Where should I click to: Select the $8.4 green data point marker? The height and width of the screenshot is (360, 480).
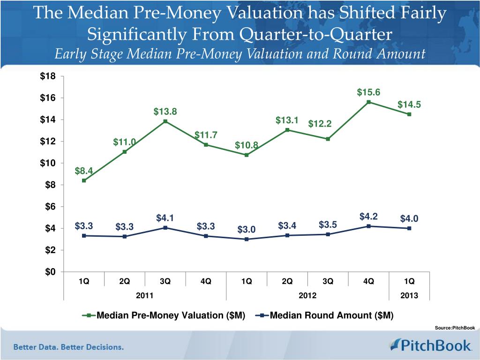83,180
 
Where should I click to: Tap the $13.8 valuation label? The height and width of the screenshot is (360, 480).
165,112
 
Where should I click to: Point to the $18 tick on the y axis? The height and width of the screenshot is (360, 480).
48,76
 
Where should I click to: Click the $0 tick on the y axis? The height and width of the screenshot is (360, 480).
50,272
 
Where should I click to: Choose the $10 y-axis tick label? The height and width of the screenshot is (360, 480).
48,163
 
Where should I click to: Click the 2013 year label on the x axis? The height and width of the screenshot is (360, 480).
409,295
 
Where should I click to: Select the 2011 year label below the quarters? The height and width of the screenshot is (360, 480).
144,295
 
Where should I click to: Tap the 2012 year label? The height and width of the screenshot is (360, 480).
307,295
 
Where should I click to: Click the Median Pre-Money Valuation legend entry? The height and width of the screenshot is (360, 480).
165,315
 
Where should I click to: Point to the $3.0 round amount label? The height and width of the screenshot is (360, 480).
247,229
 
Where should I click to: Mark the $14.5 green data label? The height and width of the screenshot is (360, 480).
409,105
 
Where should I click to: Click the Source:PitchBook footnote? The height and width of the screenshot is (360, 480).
455,328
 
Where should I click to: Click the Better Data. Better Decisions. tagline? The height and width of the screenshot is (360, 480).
68,347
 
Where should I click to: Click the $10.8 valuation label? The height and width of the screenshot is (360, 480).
247,145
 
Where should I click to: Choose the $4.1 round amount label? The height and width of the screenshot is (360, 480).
165,218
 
